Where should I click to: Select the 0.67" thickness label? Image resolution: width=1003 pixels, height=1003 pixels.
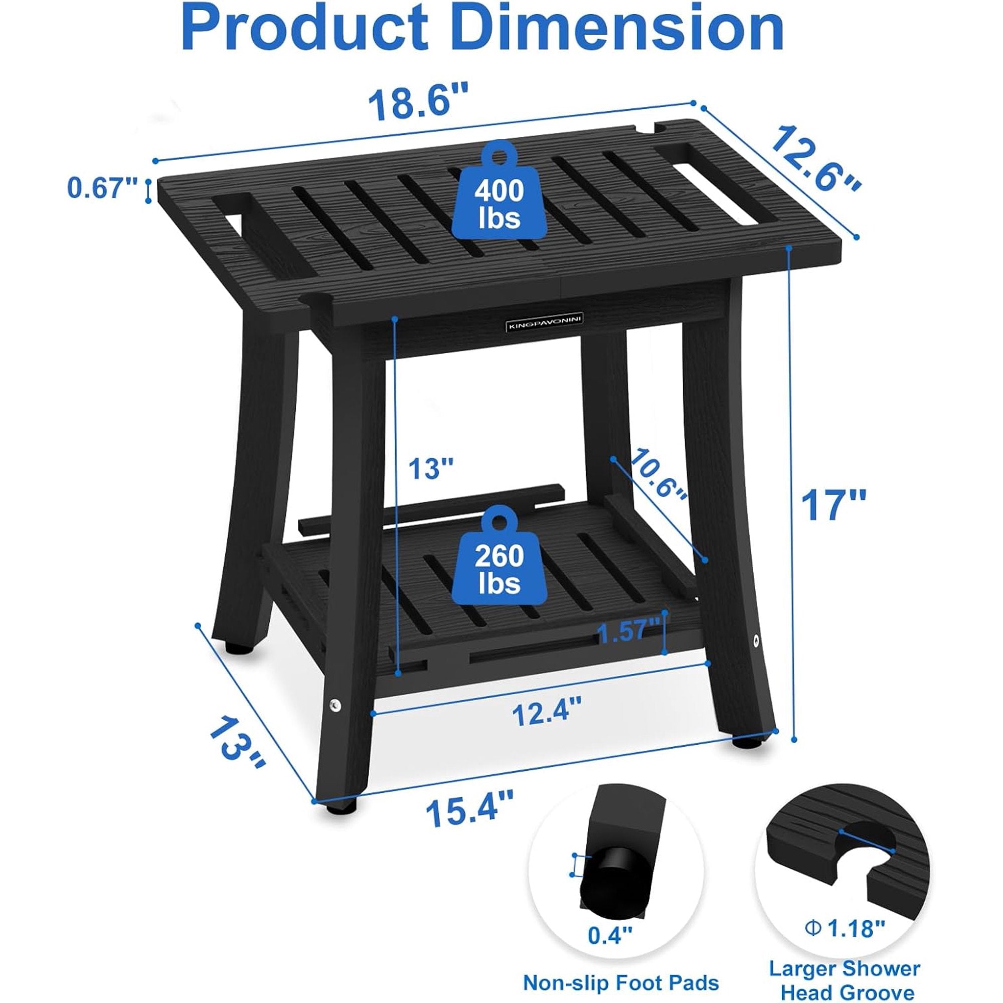point(103,188)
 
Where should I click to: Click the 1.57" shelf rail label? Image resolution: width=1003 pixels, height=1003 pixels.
point(630,633)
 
